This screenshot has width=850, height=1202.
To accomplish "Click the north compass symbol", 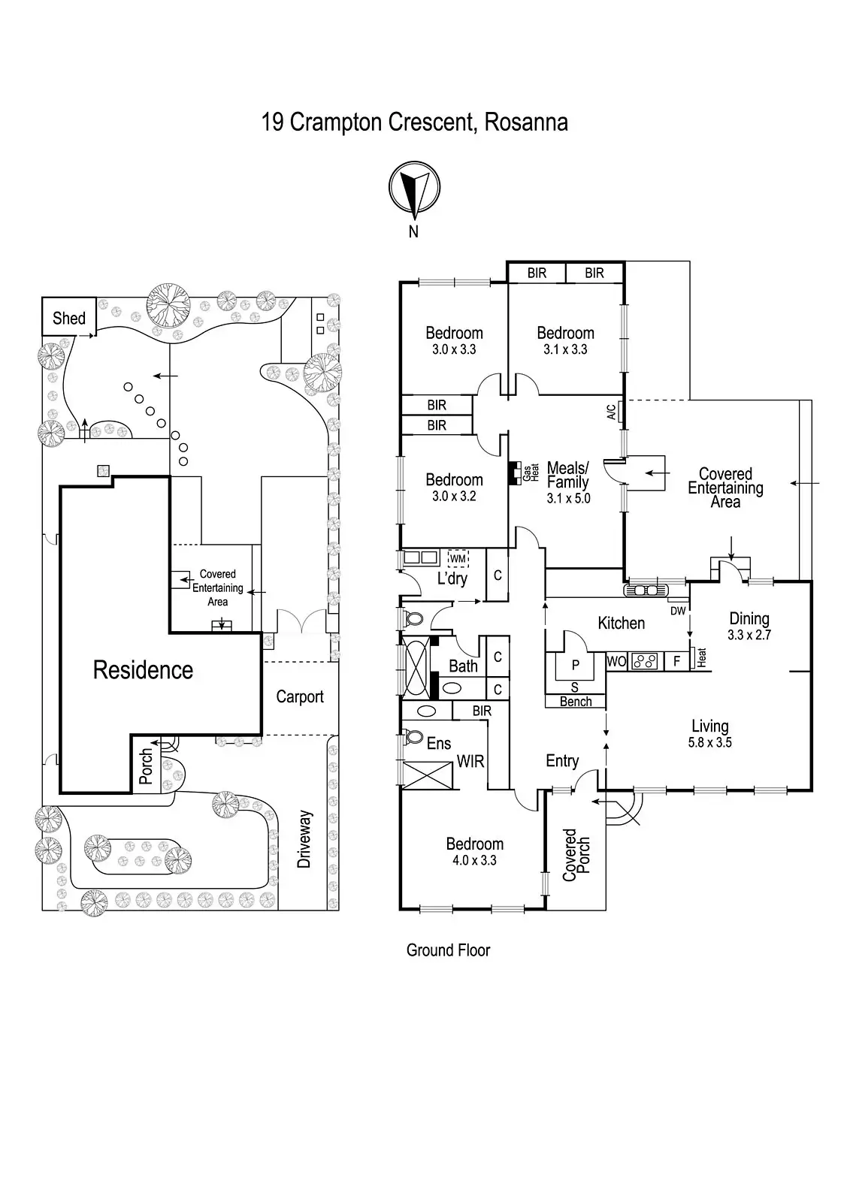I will click(x=414, y=188).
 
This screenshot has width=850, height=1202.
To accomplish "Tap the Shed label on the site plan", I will click(x=68, y=319).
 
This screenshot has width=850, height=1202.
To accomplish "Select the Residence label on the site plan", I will click(x=143, y=670).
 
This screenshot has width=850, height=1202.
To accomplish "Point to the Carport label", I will click(x=300, y=696).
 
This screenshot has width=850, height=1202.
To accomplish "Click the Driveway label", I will click(x=304, y=839).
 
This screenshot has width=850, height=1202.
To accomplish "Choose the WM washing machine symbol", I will click(x=458, y=559).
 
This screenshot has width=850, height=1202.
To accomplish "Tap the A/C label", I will click(x=611, y=412).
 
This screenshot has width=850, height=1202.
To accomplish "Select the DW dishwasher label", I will click(x=678, y=611).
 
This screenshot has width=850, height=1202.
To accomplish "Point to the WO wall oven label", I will click(x=616, y=662).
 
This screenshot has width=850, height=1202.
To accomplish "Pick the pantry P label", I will click(x=576, y=665).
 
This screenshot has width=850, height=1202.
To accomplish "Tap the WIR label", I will click(x=470, y=762).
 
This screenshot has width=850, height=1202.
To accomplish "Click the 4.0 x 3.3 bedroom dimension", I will click(x=475, y=861).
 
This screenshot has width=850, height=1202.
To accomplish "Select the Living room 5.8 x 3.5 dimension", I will click(x=709, y=742).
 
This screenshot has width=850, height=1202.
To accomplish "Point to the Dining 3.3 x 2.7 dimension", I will click(x=749, y=634).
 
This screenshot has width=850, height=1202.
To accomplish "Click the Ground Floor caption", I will click(x=448, y=950).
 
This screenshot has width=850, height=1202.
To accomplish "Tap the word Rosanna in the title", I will click(x=526, y=122).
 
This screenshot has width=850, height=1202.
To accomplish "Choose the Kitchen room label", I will click(x=621, y=623).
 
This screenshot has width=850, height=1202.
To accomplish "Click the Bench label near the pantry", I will click(x=576, y=702).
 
